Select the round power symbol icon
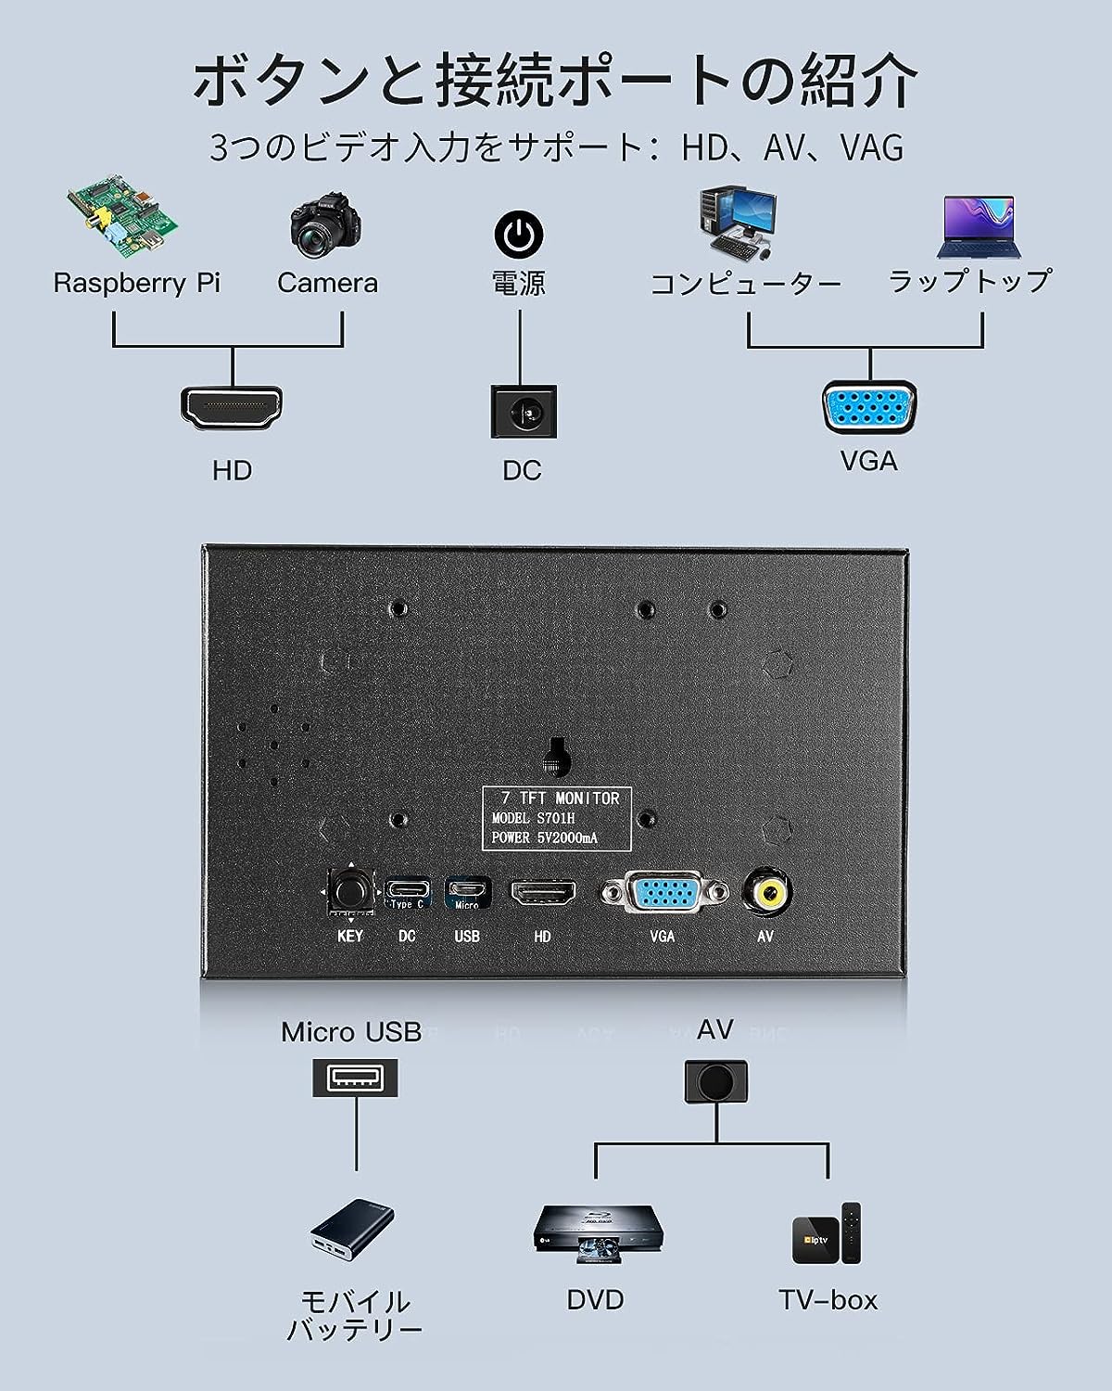519,234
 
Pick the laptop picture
979,227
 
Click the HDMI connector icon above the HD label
232,409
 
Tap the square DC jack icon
524,412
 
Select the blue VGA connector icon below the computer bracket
869,407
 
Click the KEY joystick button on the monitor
350,893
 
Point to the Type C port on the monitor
407,893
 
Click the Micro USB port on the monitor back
467,893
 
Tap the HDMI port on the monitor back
543,893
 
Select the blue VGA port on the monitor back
664,893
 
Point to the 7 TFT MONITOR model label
556,818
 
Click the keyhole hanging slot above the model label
556,758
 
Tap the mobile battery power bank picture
352,1231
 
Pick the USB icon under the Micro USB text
355,1078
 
